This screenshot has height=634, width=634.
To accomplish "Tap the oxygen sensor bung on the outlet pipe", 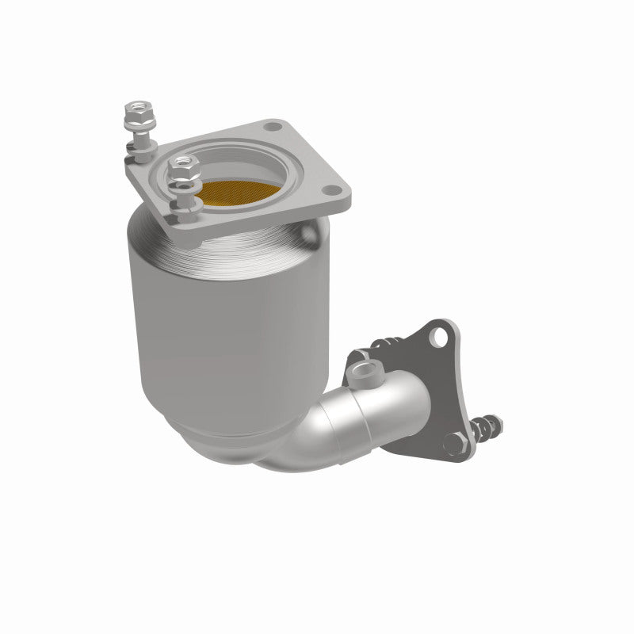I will pos(367,369).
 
